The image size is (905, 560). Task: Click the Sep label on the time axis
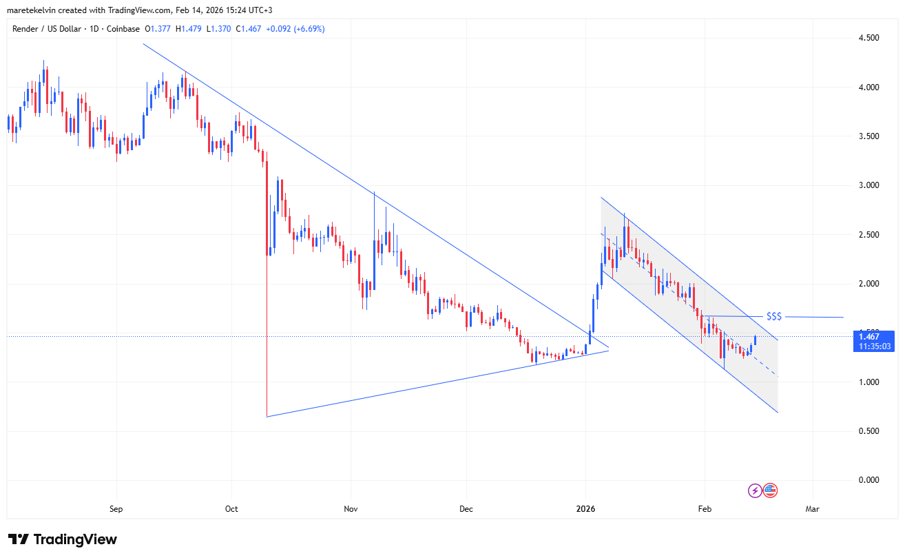[116, 510]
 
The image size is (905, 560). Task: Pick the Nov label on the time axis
[351, 510]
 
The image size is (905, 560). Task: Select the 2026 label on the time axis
[585, 510]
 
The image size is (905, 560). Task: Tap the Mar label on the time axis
[813, 510]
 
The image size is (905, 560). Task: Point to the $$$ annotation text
[774, 316]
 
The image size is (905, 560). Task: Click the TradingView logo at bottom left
[63, 539]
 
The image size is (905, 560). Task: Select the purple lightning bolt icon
[756, 490]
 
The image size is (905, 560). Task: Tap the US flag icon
[770, 490]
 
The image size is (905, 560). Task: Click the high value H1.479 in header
[189, 29]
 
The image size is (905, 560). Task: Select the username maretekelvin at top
[32, 9]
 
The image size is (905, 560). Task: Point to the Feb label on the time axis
[705, 510]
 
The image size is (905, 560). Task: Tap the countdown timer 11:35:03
[874, 347]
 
